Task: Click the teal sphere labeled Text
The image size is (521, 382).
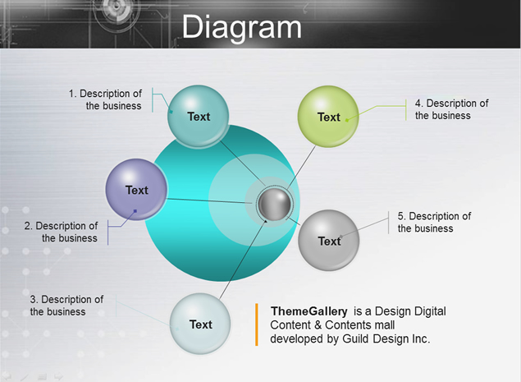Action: tap(198, 116)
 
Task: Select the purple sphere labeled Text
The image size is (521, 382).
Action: tap(136, 189)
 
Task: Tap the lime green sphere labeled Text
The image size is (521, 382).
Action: tap(328, 116)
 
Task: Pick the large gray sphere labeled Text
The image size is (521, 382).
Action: tap(329, 240)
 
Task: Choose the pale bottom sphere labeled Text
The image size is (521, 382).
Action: tap(200, 324)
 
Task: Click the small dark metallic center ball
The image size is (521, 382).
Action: tap(275, 205)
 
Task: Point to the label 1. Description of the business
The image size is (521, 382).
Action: tap(105, 99)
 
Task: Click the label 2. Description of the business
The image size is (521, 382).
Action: tap(62, 232)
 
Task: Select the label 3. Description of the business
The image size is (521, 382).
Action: tap(66, 306)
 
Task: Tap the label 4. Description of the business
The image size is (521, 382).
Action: tap(451, 109)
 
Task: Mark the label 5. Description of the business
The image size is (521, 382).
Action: tap(434, 222)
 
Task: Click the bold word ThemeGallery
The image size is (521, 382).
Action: tap(309, 311)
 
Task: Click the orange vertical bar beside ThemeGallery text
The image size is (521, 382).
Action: tap(257, 324)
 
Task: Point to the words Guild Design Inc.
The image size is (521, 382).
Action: tap(386, 338)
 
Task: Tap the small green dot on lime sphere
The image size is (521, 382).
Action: tap(347, 120)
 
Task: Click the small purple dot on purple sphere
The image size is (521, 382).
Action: tap(135, 210)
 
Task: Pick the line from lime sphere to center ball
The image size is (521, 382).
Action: tap(301, 168)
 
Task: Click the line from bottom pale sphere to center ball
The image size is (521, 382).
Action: tap(243, 259)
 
